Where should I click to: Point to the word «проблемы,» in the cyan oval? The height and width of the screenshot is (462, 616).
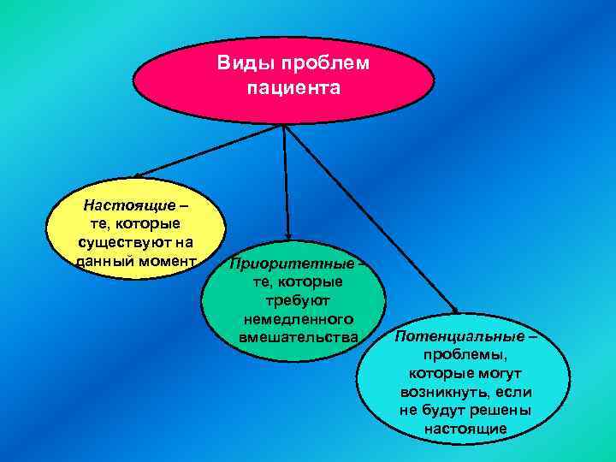(x=465, y=355)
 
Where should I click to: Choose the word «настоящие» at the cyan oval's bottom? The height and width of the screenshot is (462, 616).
(x=465, y=428)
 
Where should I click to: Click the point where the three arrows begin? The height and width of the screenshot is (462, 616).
(x=284, y=125)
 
